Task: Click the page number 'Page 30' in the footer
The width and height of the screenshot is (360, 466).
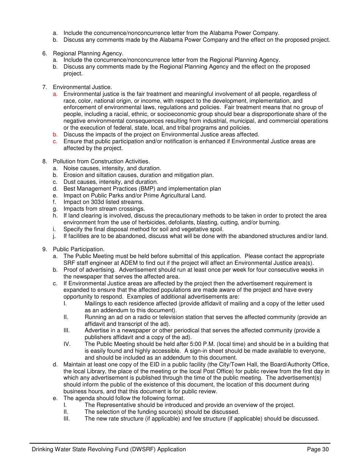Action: point(318,449)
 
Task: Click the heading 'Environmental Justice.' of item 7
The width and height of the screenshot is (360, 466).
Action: point(82,87)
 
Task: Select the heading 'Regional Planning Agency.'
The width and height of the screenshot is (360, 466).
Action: point(88,53)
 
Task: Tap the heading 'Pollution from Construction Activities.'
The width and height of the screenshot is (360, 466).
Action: point(101,161)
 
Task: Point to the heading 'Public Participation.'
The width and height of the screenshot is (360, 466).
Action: point(78,249)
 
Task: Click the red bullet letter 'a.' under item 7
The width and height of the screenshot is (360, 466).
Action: point(55,94)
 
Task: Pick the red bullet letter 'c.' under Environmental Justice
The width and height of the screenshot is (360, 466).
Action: point(55,141)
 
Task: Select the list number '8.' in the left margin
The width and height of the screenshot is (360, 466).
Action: point(44,161)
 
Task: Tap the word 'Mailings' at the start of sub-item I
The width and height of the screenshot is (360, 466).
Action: point(95,303)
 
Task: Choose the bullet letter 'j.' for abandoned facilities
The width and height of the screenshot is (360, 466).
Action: point(55,236)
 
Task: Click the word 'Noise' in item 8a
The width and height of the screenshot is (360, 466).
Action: point(70,168)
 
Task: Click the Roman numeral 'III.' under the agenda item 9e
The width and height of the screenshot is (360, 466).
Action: point(67,419)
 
